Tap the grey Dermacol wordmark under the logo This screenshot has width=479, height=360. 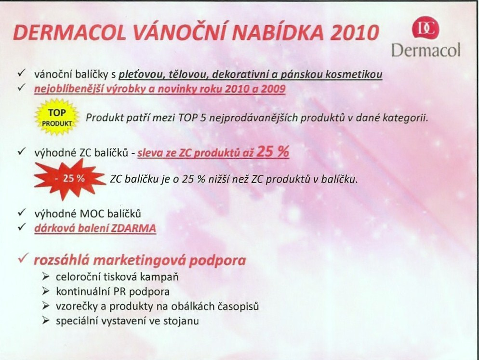point(426,50)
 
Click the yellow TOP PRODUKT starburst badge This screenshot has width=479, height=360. point(57,117)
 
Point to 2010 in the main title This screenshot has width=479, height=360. point(354,33)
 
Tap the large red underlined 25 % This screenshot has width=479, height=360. point(272,151)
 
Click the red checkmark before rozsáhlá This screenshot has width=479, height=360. point(23,258)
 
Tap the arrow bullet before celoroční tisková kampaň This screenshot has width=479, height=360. point(46,277)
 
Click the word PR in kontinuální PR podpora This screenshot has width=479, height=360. point(120,292)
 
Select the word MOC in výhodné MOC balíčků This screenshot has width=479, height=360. point(89,213)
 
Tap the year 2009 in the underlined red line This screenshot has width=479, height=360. point(274,89)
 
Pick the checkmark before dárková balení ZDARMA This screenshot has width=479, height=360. point(21,227)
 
